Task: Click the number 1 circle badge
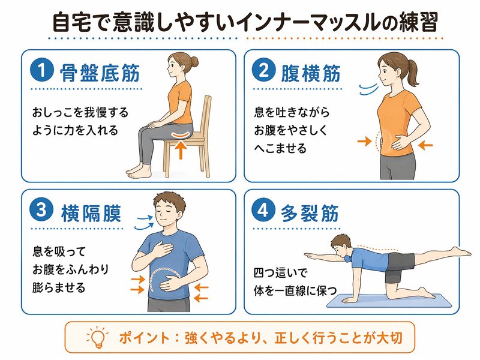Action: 42,70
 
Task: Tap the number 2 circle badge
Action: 263,70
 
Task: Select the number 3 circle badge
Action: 41,210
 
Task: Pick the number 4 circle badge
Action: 263,210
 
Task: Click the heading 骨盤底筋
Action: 100,73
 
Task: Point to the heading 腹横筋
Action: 311,73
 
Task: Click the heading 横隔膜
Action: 91,213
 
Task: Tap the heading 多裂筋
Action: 310,213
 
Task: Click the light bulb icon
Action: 98,337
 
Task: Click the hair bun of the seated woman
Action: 193,62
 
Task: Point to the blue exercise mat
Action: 389,301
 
